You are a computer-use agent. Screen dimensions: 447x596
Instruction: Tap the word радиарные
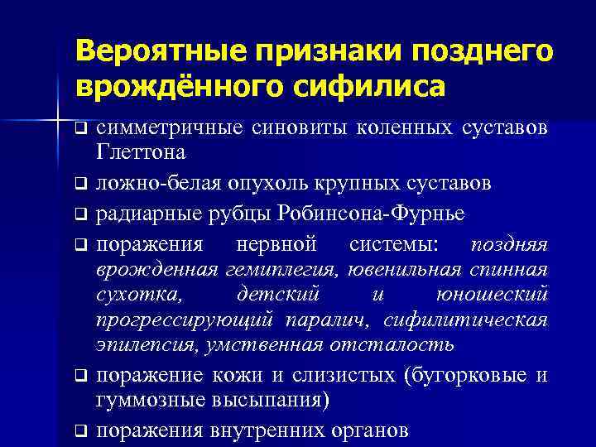(145, 214)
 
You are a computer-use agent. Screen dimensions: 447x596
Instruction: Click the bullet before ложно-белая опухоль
(79, 183)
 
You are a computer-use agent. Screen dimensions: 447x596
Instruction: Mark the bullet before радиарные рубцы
(79, 214)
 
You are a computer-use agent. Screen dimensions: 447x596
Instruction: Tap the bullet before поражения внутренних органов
(79, 430)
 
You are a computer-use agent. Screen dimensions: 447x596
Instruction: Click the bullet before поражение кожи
(79, 375)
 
